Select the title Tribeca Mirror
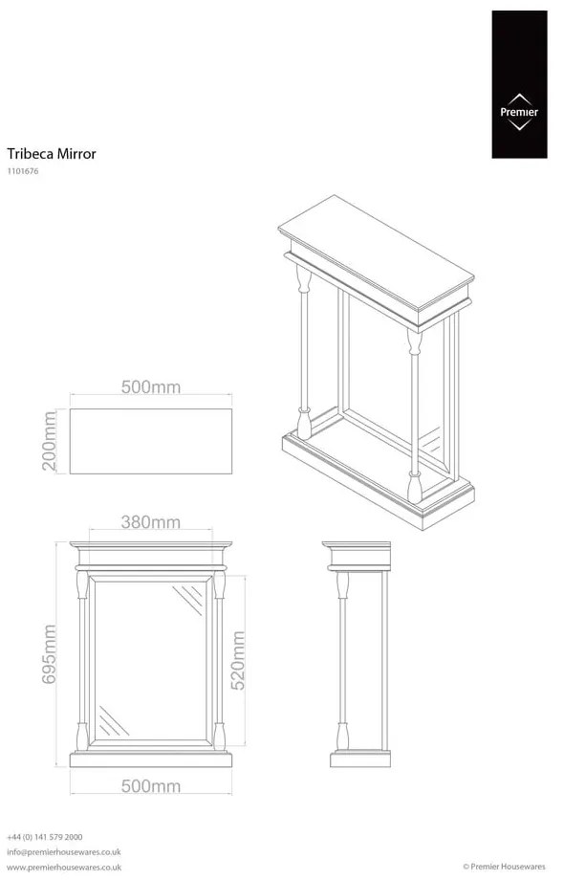click(x=52, y=153)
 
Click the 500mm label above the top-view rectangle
click(x=151, y=387)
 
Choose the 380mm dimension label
click(x=151, y=522)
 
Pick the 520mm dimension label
click(x=239, y=660)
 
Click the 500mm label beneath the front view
click(x=151, y=786)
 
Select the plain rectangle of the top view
click(x=151, y=441)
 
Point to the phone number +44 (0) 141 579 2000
click(x=44, y=836)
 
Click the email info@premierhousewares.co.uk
click(x=63, y=851)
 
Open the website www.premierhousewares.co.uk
click(x=63, y=867)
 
